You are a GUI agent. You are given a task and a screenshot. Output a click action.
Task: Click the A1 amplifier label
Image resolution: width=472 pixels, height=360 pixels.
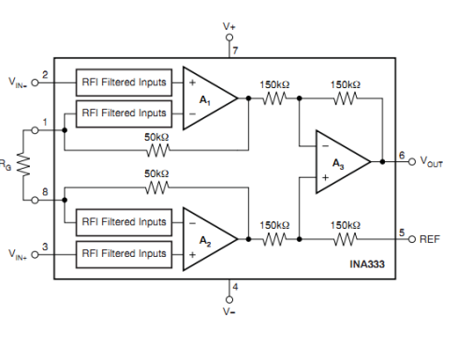pos(205,100)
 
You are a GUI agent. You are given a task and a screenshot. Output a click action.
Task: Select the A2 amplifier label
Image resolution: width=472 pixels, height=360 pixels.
pos(205,241)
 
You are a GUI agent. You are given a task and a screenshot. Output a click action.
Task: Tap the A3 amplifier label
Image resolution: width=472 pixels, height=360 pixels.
pos(338,164)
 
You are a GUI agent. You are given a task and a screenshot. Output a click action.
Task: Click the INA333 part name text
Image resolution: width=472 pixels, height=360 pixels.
pos(367,264)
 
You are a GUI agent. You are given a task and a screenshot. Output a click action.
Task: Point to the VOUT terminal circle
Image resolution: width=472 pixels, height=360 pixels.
pos(412,161)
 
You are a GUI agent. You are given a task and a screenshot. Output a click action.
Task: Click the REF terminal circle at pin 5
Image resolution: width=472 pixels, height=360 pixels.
pos(412,239)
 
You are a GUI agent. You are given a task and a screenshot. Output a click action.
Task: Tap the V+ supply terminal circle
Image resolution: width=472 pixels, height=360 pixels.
pos(229,37)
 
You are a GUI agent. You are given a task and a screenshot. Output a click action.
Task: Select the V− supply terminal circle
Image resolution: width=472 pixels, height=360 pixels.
pos(229,300)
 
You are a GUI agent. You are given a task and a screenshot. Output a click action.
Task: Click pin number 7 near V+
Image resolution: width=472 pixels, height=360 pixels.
pos(235,50)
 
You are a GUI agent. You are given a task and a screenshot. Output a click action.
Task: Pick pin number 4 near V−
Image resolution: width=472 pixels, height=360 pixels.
pos(235,287)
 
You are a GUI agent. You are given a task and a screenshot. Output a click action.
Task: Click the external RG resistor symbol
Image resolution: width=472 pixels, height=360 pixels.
pos(23,164)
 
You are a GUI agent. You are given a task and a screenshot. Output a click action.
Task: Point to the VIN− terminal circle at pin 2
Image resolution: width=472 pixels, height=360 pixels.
pos(35,82)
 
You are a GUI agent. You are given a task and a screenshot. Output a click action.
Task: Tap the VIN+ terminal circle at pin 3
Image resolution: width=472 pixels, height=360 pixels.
pos(35,255)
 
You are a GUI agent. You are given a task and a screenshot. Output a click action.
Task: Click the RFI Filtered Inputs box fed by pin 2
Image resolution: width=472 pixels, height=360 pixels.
pos(124,82)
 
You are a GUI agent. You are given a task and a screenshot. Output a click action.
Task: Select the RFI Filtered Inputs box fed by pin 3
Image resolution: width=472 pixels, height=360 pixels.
pos(124,254)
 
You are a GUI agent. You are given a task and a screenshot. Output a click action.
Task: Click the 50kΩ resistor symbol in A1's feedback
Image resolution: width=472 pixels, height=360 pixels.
pos(158,151)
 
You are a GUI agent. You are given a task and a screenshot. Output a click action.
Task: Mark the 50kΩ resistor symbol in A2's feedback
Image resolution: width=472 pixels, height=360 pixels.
pos(157,187)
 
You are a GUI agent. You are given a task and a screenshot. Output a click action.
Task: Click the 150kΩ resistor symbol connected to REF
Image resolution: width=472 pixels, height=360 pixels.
pos(346,239)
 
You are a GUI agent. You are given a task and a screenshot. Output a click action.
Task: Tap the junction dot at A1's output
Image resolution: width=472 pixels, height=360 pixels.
pos(248,98)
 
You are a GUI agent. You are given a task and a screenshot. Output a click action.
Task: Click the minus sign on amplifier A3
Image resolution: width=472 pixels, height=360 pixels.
pos(325,146)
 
